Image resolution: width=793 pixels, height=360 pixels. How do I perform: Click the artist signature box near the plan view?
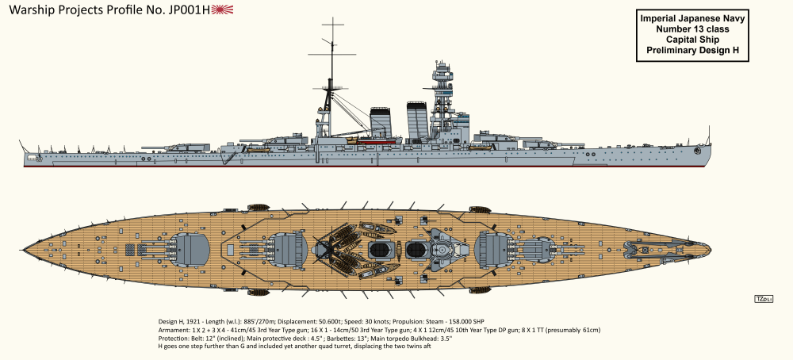[764, 298]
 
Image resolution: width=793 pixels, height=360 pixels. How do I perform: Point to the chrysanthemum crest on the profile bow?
[697, 150]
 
